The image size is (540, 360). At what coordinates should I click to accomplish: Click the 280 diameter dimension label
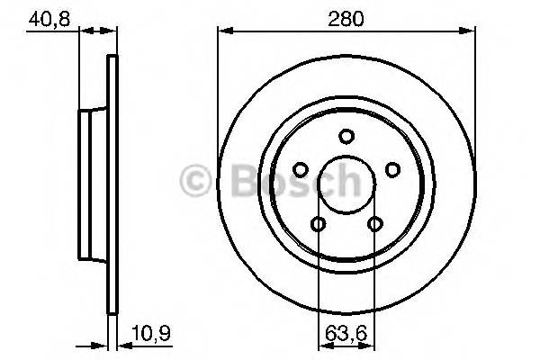[x=346, y=18]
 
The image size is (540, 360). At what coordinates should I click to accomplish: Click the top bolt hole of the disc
[x=346, y=136]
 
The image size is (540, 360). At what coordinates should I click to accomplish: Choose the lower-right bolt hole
[x=374, y=225]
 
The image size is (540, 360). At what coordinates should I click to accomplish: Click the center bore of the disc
[x=346, y=186]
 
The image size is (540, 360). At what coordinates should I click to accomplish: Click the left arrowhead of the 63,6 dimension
[x=322, y=345]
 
